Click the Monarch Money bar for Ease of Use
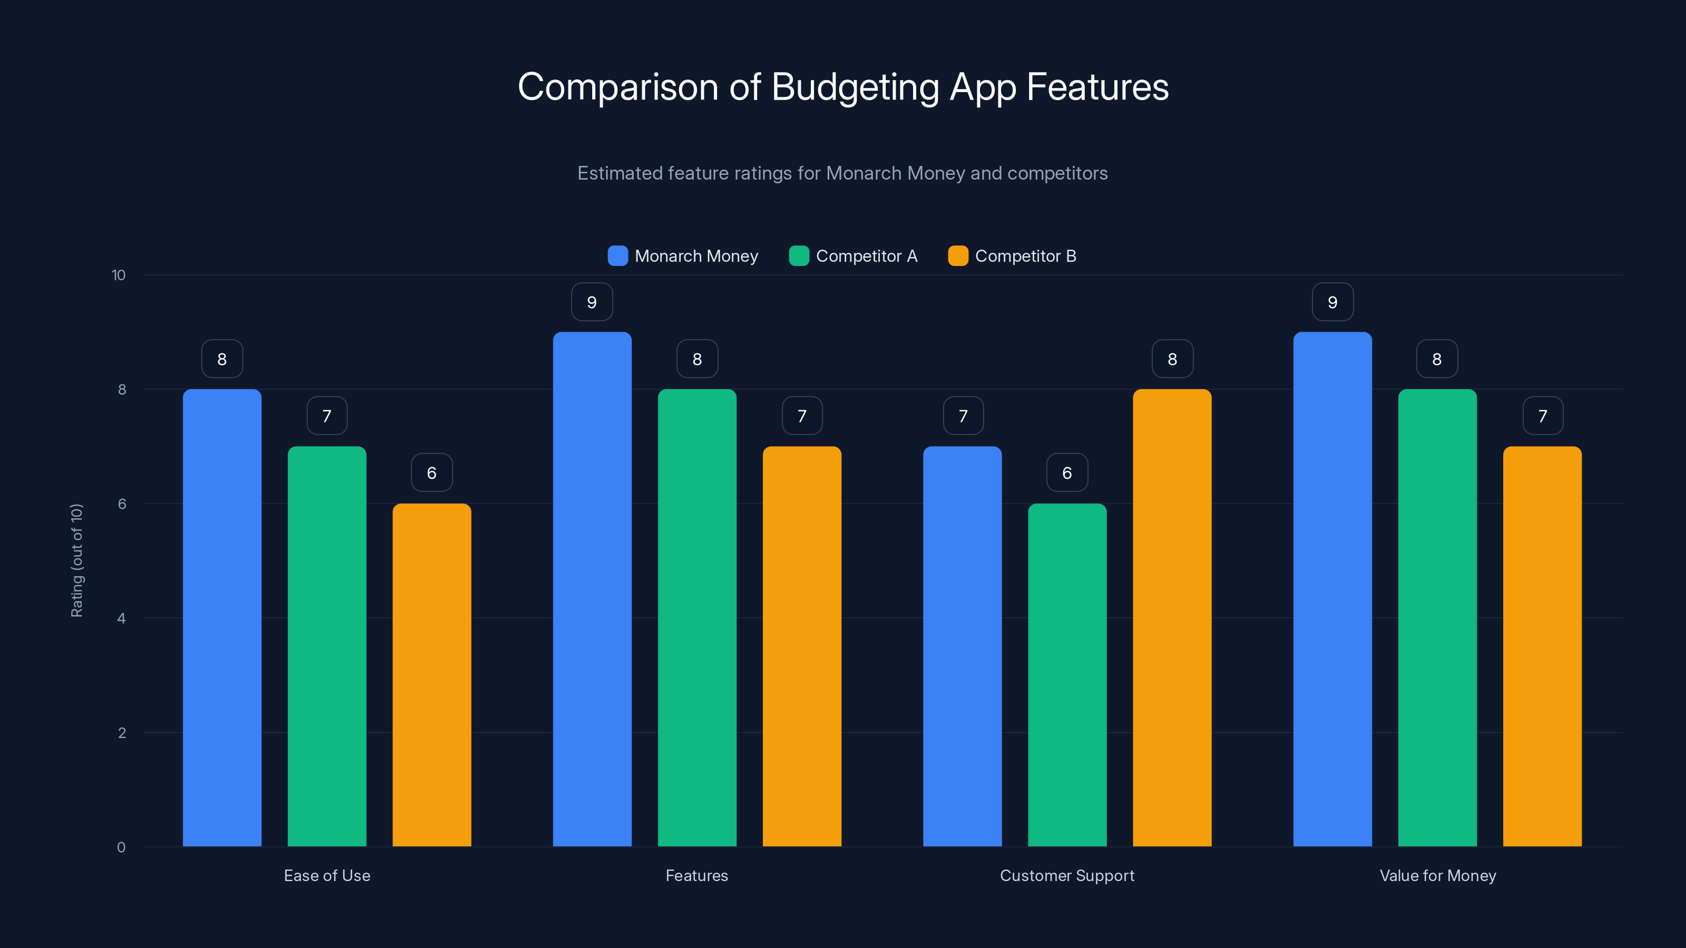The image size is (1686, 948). (222, 618)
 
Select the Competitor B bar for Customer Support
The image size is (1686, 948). (1172, 618)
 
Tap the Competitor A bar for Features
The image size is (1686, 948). (697, 618)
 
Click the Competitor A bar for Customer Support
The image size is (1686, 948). (1067, 675)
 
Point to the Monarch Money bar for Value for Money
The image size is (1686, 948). (1332, 589)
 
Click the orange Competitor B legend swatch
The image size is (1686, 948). (957, 256)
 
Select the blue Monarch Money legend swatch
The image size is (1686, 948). (617, 256)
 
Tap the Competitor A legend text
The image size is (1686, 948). (867, 256)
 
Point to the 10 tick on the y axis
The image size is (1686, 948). (119, 275)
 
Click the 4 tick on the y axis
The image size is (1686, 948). (121, 618)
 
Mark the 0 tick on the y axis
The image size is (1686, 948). (121, 847)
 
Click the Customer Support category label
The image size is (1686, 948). (1067, 875)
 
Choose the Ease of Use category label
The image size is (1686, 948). (327, 875)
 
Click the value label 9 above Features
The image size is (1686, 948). (592, 302)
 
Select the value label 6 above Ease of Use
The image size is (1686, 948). (432, 473)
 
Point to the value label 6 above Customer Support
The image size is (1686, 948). (1067, 473)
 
